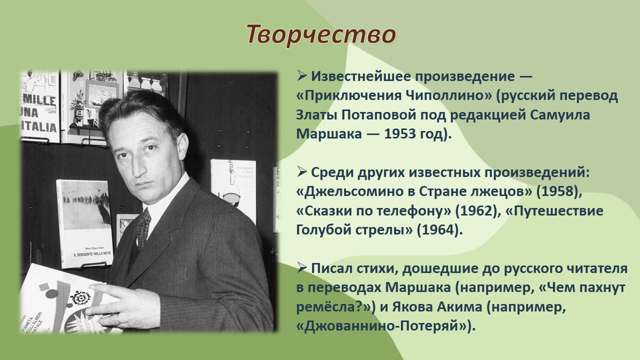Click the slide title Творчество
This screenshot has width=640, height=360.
321,35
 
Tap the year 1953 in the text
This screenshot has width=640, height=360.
400,133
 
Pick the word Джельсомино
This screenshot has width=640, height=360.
355,191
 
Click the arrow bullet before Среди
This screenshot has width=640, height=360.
301,172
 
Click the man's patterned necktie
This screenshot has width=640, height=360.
143,227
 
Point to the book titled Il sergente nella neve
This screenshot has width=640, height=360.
85,223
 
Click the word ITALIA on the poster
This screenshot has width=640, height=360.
39,127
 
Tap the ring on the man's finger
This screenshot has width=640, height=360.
118,319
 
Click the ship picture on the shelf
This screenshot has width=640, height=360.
101,95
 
